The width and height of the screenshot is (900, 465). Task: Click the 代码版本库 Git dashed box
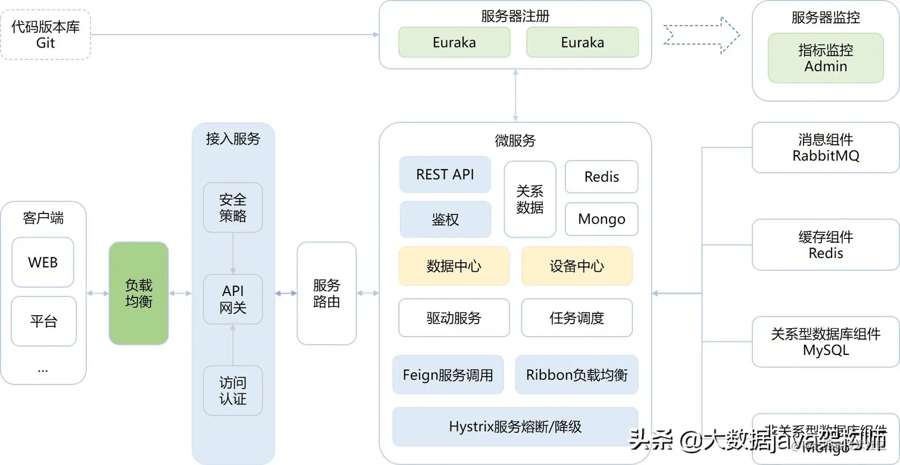45,34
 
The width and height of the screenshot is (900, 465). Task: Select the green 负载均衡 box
139,293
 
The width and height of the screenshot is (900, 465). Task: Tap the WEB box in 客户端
43,262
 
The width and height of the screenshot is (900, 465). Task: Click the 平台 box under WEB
43,321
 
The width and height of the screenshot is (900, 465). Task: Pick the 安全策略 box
233,208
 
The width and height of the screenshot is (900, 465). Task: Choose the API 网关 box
233,299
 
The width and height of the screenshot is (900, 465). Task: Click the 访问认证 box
233,391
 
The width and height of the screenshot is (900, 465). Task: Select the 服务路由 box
326,293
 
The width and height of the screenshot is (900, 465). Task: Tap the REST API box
445,174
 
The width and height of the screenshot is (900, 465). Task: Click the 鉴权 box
445,219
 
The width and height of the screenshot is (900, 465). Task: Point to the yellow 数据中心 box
454,266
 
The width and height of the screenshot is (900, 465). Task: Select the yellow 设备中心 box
576,266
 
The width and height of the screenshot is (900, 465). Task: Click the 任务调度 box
576,318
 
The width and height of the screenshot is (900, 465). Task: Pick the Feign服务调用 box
448,375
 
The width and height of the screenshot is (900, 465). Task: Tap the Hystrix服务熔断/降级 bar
515,426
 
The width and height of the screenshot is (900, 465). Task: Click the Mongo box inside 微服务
601,219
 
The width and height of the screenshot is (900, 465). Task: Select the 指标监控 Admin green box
825,58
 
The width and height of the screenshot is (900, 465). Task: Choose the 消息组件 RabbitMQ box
825,147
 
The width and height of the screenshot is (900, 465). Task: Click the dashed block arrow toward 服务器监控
701,35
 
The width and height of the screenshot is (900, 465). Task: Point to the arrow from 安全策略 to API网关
233,253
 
